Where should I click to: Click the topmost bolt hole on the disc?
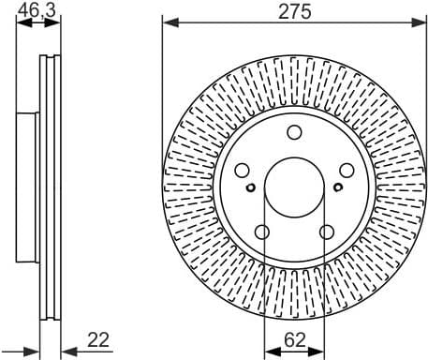[x=294, y=132]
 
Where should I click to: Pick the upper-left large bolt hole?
[x=242, y=171]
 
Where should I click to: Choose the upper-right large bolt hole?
[x=347, y=171]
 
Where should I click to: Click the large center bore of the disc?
[x=294, y=187]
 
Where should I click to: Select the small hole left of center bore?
[x=251, y=187]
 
